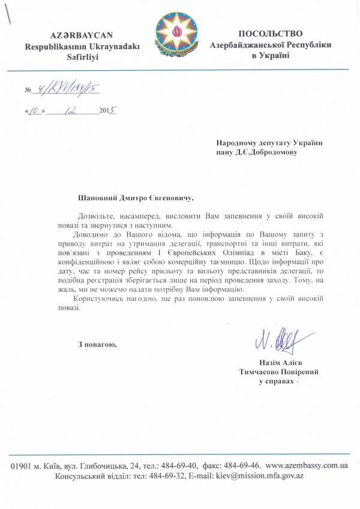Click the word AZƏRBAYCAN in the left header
pyautogui.click(x=73, y=35)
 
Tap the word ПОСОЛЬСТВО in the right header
pyautogui.click(x=270, y=34)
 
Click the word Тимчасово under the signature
pyautogui.click(x=259, y=372)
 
